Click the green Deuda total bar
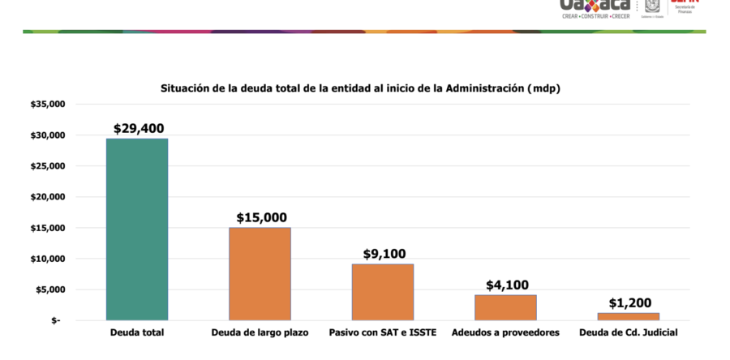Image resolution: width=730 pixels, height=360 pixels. pyautogui.click(x=137, y=229)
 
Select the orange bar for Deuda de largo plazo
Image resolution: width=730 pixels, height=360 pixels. pyautogui.click(x=260, y=274)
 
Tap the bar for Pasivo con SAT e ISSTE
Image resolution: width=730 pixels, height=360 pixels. pyautogui.click(x=382, y=292)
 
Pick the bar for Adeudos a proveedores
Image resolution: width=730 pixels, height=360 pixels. pyautogui.click(x=505, y=307)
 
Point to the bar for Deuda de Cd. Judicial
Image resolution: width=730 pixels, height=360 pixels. pyautogui.click(x=629, y=316)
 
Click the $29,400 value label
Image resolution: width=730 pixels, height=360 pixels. pyautogui.click(x=138, y=128)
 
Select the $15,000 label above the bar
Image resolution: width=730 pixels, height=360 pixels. pyautogui.click(x=261, y=217)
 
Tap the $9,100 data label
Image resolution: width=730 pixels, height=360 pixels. pyautogui.click(x=383, y=254)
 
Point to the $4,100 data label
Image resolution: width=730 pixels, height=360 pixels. pyautogui.click(x=507, y=285)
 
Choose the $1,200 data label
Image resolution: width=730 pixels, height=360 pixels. pyautogui.click(x=629, y=302)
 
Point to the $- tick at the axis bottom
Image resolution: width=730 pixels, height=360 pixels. pyautogui.click(x=55, y=321)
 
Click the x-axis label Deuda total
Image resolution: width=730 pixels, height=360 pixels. pyautogui.click(x=136, y=333)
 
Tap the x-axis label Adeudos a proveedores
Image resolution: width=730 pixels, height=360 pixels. pyautogui.click(x=505, y=333)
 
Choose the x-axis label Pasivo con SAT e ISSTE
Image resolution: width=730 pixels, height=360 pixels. pyautogui.click(x=383, y=333)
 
